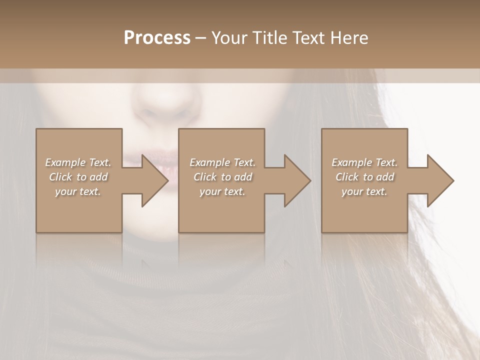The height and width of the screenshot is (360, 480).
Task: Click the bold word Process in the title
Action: [x=157, y=38]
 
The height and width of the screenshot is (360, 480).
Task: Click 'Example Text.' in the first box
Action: [x=78, y=162]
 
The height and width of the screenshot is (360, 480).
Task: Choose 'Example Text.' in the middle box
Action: [x=222, y=162]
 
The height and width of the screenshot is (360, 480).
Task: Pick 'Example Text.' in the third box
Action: [x=364, y=162]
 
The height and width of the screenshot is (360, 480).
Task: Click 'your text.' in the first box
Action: [x=78, y=191]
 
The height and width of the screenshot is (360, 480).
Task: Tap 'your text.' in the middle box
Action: [x=222, y=191]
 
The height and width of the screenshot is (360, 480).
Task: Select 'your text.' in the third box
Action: [x=364, y=191]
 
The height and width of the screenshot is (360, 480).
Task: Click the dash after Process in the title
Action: [x=201, y=38]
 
